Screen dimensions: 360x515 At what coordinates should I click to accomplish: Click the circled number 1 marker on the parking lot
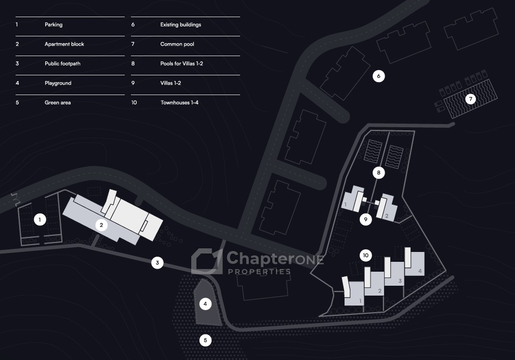39,220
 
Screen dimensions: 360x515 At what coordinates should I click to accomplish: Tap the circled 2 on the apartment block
102,225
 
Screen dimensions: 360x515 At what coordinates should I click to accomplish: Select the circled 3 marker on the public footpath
157,263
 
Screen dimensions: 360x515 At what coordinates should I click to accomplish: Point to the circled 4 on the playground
206,303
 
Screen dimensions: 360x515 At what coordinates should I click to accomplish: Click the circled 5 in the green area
205,341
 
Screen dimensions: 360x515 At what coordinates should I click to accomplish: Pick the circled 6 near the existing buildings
379,76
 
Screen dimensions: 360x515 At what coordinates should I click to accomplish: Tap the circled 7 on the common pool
470,98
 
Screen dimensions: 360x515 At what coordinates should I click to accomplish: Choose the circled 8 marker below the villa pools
379,173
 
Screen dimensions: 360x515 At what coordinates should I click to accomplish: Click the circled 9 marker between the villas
366,220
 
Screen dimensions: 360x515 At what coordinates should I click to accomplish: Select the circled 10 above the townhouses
366,255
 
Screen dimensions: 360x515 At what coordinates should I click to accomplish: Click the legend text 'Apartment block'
64,44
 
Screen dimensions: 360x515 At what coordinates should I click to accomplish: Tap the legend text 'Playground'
58,83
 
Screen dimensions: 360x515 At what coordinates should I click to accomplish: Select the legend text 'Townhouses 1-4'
179,103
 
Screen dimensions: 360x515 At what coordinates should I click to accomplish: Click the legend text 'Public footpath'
62,64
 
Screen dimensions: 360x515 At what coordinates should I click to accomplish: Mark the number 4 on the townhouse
420,272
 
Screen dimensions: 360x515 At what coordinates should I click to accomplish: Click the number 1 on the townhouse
360,301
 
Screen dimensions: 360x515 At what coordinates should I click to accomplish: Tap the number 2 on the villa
387,216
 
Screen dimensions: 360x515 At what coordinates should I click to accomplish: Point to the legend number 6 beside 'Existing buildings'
133,24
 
